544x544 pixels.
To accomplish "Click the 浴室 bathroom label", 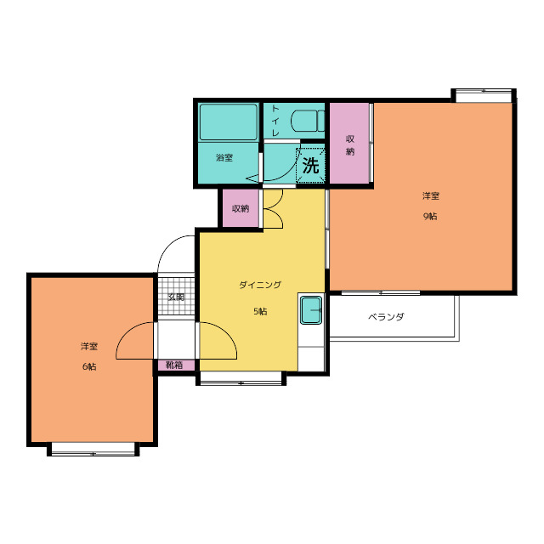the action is [224, 158].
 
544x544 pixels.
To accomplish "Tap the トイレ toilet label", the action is [275, 121].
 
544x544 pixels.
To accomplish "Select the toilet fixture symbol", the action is [308, 121].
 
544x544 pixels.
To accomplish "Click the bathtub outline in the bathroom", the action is [229, 122].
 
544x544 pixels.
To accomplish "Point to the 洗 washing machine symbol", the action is [310, 166].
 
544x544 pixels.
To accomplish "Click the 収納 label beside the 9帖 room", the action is [350, 145].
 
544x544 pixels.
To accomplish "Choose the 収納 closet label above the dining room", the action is [241, 209].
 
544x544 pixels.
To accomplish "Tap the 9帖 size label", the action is [430, 216].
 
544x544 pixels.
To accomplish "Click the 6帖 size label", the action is [89, 366].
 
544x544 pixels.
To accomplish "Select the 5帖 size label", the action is [260, 311].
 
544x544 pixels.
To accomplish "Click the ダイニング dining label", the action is [260, 286].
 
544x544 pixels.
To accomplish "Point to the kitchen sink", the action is [311, 309].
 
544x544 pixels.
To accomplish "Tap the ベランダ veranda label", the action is [386, 317].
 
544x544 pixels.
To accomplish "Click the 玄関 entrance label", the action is [176, 297].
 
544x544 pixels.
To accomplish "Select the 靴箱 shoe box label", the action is [173, 365].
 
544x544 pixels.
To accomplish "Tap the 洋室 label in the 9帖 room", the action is [431, 196].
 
